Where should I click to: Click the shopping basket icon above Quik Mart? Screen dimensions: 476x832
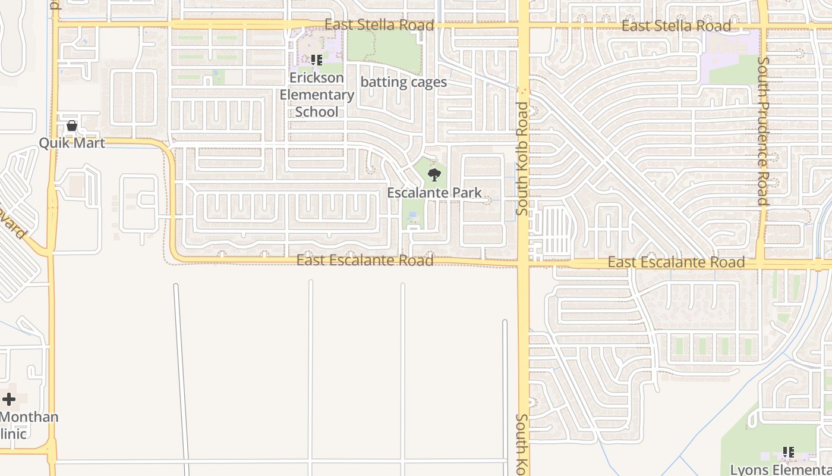pyautogui.click(x=72, y=126)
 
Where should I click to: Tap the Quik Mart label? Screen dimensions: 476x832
pyautogui.click(x=72, y=143)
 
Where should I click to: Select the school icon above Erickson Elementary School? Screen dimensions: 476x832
pyautogui.click(x=316, y=60)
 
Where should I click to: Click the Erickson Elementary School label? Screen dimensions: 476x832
pyautogui.click(x=317, y=95)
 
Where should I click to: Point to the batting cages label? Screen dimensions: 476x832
pyautogui.click(x=404, y=82)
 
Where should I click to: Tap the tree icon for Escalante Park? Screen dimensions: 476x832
pyautogui.click(x=434, y=175)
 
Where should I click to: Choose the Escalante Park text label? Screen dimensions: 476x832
pyautogui.click(x=434, y=193)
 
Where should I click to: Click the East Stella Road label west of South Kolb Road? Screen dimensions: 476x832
pyautogui.click(x=380, y=26)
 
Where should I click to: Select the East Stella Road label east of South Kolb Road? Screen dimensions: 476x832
pyautogui.click(x=676, y=26)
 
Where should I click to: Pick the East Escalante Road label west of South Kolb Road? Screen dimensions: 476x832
pyautogui.click(x=365, y=261)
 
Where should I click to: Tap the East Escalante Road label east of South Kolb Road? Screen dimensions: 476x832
pyautogui.click(x=676, y=262)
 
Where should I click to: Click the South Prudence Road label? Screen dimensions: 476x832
pyautogui.click(x=763, y=131)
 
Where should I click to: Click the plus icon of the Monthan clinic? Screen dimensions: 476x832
pyautogui.click(x=9, y=399)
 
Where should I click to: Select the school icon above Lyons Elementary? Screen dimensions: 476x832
pyautogui.click(x=788, y=453)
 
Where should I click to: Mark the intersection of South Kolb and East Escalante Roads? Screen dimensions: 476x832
pyautogui.click(x=523, y=263)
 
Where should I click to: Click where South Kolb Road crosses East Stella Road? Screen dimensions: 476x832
pyautogui.click(x=523, y=26)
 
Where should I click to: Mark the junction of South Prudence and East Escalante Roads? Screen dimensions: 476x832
pyautogui.click(x=761, y=264)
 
